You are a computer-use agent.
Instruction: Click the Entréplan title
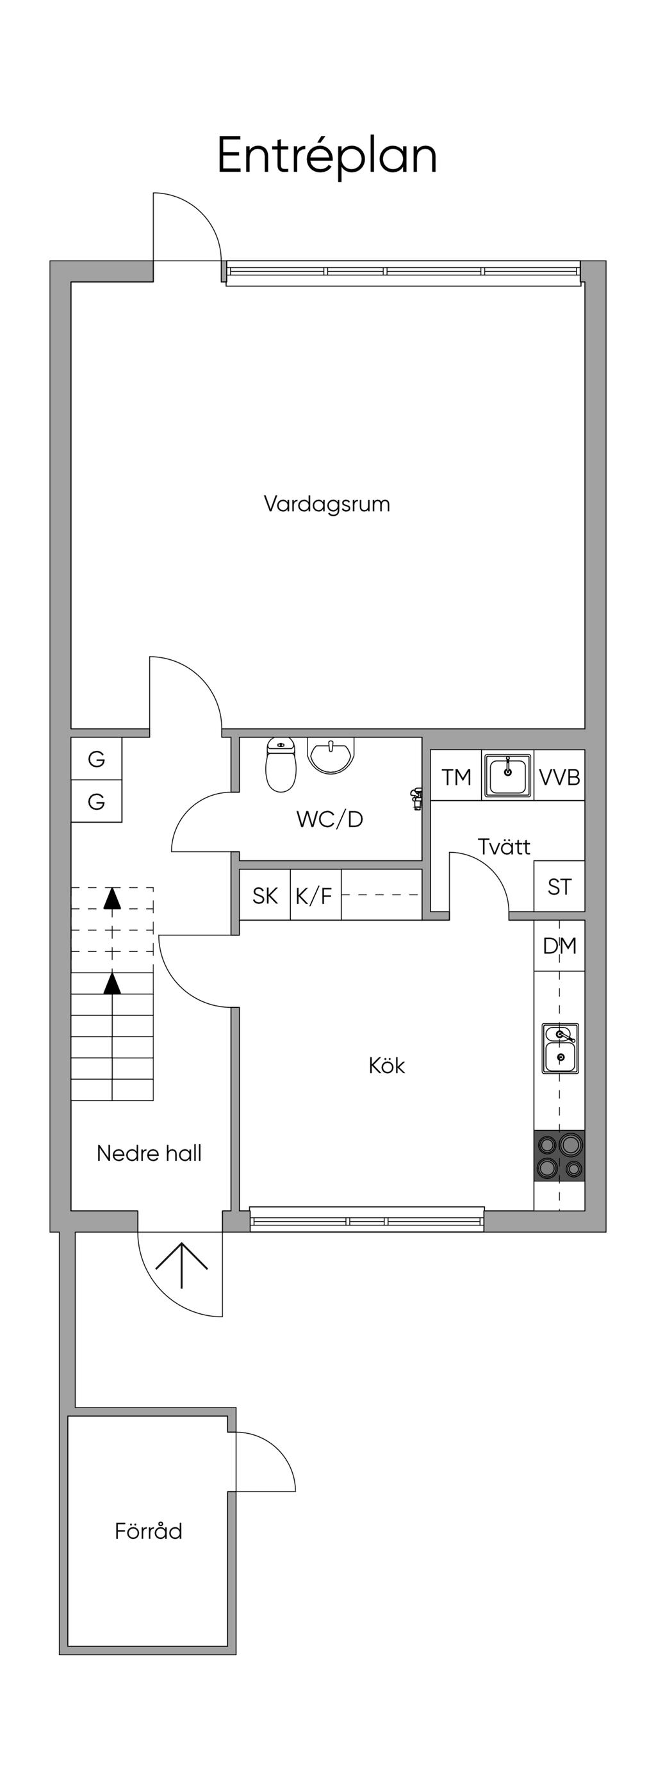click(327, 156)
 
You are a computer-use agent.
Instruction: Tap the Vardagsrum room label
click(327, 504)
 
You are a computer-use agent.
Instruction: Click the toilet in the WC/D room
click(281, 764)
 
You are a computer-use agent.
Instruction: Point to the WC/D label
click(329, 819)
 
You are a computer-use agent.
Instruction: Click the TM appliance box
click(456, 775)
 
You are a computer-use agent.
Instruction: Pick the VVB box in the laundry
click(559, 775)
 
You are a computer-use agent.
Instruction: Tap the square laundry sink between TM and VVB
click(508, 775)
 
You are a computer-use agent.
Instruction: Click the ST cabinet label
click(559, 887)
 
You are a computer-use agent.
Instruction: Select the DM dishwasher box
click(559, 946)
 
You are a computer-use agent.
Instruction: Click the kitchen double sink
click(561, 1049)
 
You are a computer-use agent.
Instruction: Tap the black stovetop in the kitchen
click(559, 1156)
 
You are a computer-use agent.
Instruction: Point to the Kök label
click(386, 1065)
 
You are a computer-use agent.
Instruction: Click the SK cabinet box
click(265, 895)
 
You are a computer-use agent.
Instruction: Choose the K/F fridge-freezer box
click(315, 895)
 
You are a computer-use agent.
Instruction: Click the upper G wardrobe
click(97, 758)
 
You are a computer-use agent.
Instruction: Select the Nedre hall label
click(149, 1153)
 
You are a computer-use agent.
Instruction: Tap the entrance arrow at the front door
click(181, 1265)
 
